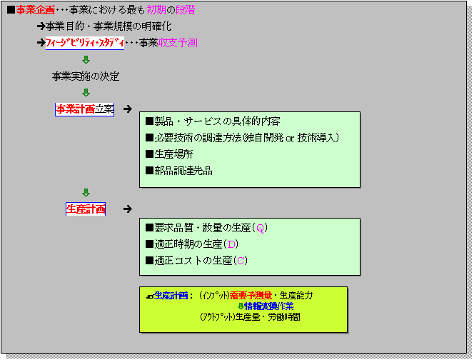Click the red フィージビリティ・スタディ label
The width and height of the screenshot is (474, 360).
pos(84,43)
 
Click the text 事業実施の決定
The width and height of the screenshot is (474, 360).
pos(86,76)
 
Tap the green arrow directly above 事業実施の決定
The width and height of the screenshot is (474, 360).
pos(86,60)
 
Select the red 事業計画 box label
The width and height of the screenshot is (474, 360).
pos(75,109)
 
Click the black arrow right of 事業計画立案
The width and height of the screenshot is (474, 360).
pos(127,109)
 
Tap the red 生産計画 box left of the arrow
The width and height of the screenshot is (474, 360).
pos(86,209)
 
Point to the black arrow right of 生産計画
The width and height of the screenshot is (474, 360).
pos(127,209)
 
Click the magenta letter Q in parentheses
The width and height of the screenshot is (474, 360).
pos(261,229)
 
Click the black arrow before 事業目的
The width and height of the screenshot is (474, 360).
pos(41,26)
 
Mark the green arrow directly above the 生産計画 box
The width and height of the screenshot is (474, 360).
pos(86,193)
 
